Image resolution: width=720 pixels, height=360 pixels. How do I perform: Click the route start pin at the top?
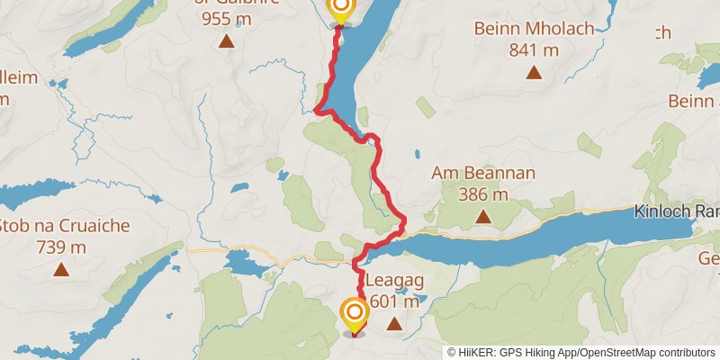pyautogui.click(x=341, y=8)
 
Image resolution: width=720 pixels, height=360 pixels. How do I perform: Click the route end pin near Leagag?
pyautogui.click(x=355, y=314)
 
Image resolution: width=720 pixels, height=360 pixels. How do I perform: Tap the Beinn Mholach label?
pyautogui.click(x=535, y=29)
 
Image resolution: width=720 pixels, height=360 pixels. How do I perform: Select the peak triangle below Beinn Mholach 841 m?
pyautogui.click(x=534, y=72)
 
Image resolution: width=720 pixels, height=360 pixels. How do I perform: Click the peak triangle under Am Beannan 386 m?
pyautogui.click(x=483, y=216)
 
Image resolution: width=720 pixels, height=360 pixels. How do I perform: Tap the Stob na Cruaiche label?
pyautogui.click(x=66, y=226)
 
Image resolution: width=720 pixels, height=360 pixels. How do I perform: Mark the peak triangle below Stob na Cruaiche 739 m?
pyautogui.click(x=61, y=268)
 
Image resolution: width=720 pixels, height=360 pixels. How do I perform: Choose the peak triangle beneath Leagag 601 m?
pyautogui.click(x=392, y=320)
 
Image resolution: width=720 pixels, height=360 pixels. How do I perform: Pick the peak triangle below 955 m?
pyautogui.click(x=227, y=40)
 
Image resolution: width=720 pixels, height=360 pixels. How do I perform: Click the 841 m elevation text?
pyautogui.click(x=535, y=49)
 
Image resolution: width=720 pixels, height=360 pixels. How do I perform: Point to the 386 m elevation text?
pyautogui.click(x=482, y=194)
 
